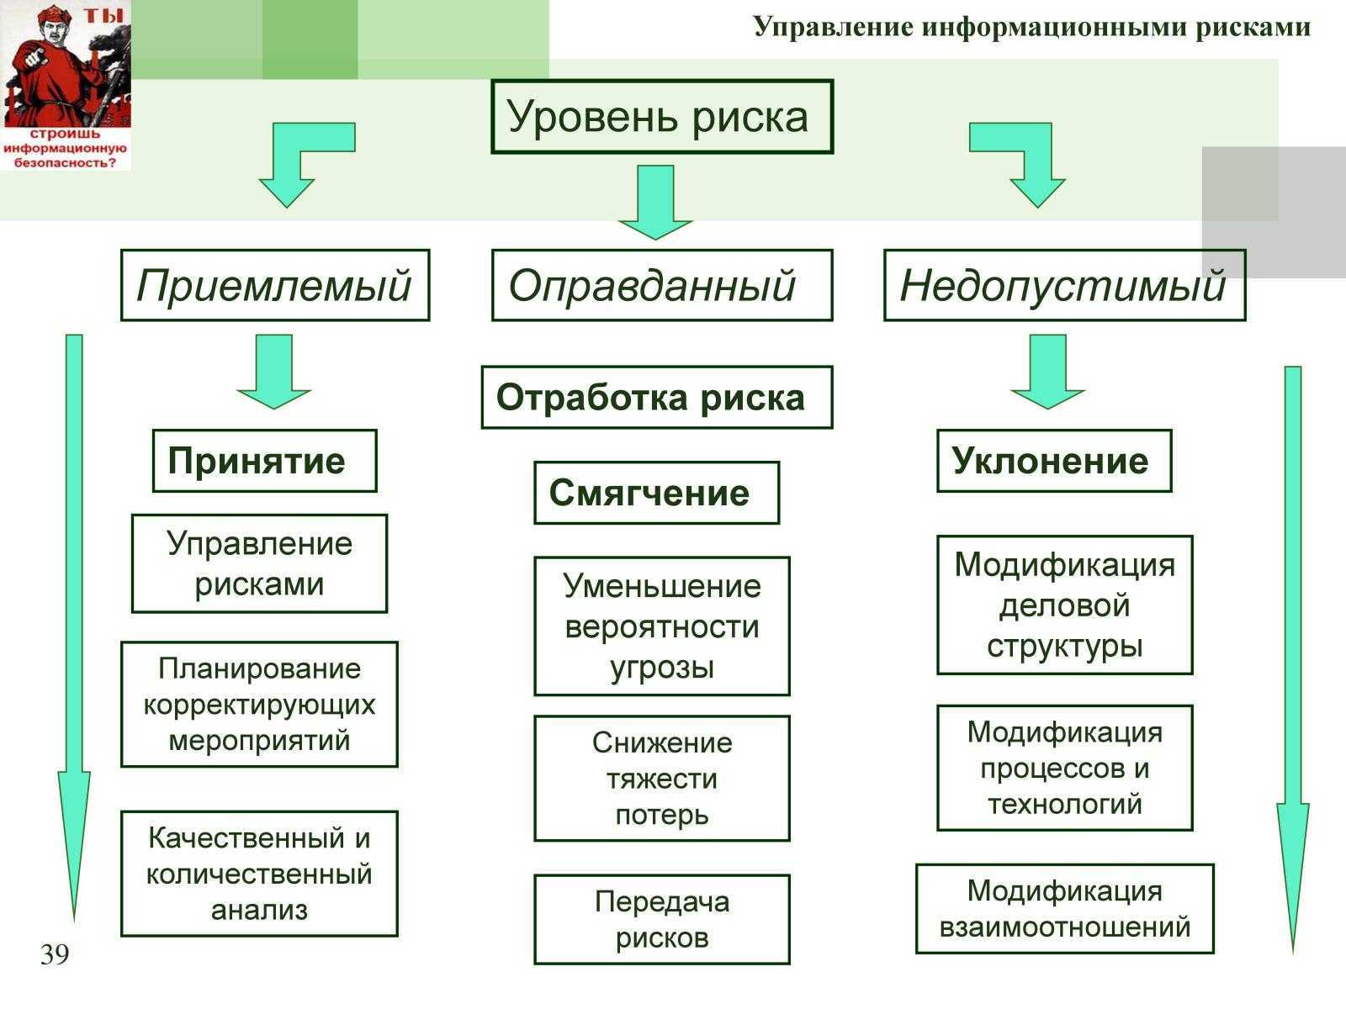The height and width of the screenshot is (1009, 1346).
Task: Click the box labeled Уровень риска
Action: click(x=662, y=116)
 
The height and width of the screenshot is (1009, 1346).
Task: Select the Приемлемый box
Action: click(x=275, y=285)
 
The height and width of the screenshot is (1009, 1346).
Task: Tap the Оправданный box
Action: click(x=662, y=285)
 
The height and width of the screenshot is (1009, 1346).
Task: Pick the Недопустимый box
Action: click(x=1064, y=285)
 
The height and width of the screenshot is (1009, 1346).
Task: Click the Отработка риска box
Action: click(x=657, y=397)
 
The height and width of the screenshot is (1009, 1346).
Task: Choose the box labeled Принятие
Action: click(x=264, y=461)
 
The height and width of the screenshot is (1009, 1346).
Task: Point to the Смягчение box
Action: click(x=657, y=493)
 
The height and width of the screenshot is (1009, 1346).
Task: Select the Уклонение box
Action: click(x=1054, y=461)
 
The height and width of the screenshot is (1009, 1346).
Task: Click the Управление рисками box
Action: click(x=259, y=563)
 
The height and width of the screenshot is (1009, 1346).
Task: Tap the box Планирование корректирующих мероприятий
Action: click(x=259, y=705)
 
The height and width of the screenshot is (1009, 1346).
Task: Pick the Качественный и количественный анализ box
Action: click(x=259, y=874)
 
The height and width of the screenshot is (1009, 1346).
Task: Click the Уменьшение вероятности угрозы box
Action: click(x=662, y=626)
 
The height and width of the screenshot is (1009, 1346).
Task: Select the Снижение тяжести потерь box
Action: click(x=662, y=779)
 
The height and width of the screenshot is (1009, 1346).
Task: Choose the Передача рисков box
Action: click(x=662, y=920)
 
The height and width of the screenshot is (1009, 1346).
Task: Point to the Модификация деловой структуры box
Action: click(x=1065, y=605)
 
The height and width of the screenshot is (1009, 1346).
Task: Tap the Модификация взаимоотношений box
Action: click(x=1065, y=909)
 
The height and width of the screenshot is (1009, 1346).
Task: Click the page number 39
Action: click(x=56, y=954)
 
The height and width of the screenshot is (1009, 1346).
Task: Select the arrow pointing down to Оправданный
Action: click(x=655, y=202)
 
